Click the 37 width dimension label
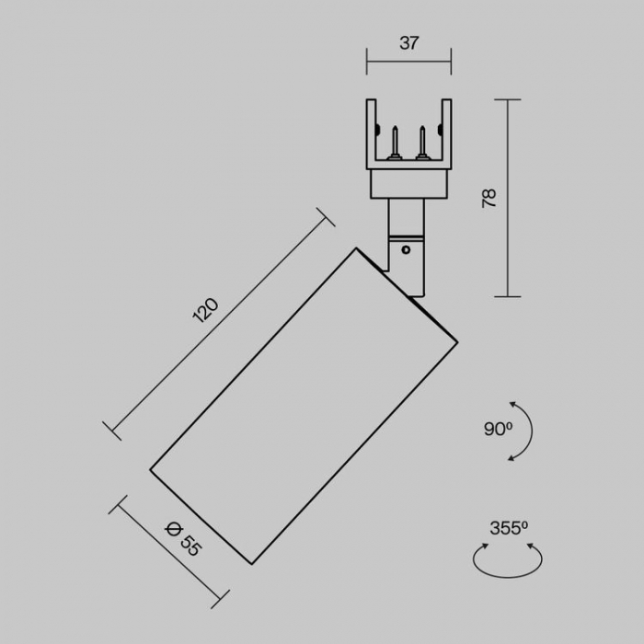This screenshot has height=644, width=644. [x=408, y=43]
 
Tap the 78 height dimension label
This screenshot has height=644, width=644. [x=489, y=199]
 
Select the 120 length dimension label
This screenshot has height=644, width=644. [x=205, y=310]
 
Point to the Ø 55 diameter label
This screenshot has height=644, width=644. [x=183, y=538]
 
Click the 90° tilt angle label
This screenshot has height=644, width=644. [x=499, y=430]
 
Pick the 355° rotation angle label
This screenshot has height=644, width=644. [x=509, y=528]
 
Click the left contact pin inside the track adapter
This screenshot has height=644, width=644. [x=395, y=143]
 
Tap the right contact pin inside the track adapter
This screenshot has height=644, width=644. [x=422, y=143]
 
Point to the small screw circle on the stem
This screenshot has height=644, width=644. [x=406, y=249]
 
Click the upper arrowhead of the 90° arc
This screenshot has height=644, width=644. [x=512, y=405]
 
